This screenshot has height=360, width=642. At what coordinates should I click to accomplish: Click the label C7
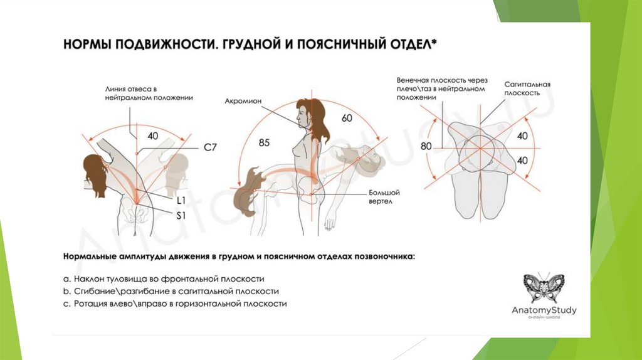click(x=210, y=148)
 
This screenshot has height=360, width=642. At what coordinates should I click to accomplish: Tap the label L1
click(x=180, y=201)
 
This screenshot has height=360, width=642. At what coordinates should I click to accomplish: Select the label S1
click(x=180, y=215)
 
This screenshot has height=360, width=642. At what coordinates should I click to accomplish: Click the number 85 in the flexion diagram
click(x=264, y=143)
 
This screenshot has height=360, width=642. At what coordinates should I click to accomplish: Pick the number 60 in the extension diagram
click(x=347, y=118)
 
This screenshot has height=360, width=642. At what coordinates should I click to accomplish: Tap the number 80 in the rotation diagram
click(x=426, y=147)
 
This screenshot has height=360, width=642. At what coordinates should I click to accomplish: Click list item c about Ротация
click(x=175, y=304)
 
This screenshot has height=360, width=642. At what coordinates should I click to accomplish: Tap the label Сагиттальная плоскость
click(x=527, y=88)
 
